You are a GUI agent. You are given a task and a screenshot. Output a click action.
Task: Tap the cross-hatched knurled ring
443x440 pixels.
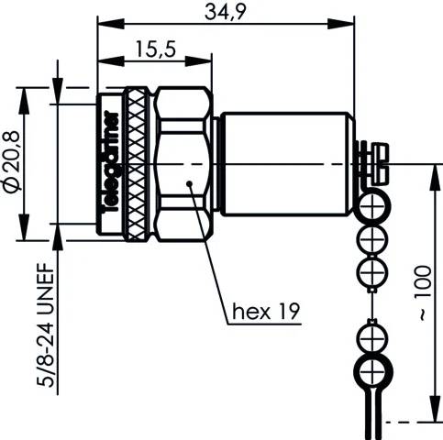tap(137, 163)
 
